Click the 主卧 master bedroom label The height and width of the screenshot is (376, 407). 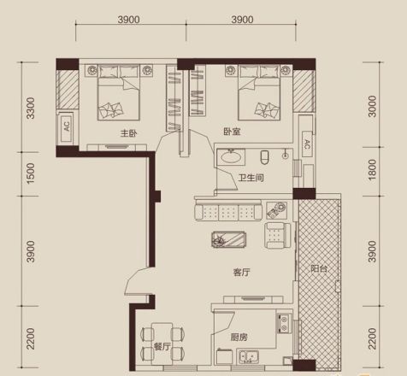point(129,133)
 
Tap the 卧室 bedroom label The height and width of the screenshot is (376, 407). point(232,132)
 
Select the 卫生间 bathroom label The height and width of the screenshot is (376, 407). point(251,178)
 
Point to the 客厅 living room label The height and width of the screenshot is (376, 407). point(241,273)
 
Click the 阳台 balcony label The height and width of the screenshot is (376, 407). point(319,268)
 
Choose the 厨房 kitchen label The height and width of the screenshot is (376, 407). point(239,338)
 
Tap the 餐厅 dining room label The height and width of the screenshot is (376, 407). point(162,347)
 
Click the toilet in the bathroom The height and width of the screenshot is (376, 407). point(264,157)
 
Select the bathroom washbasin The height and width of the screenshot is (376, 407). point(231,156)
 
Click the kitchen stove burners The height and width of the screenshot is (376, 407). point(284,323)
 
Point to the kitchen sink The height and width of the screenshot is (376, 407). point(249,357)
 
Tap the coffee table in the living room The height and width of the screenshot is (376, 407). point(229,239)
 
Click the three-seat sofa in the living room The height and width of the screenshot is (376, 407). point(228,210)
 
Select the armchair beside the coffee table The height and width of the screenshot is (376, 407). point(277,235)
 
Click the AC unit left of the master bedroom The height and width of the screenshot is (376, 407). point(67,127)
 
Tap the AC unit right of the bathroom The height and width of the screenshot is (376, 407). point(307,144)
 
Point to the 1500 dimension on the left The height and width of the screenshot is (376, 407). point(31,173)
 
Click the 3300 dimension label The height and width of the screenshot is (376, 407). point(31,108)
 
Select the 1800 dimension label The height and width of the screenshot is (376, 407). point(372,170)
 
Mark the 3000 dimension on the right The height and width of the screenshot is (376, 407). point(372,106)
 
